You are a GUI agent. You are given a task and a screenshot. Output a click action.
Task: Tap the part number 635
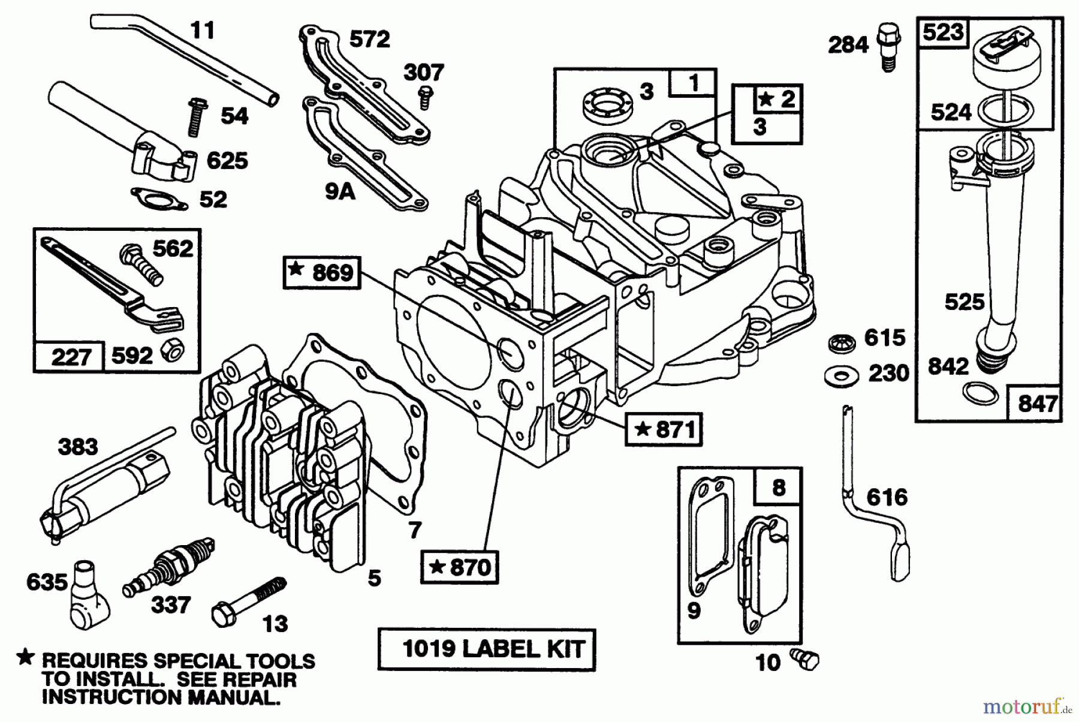click(47, 582)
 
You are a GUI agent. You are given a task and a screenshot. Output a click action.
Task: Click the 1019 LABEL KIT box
click(486, 649)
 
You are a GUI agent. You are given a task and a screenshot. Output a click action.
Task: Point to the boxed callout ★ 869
click(322, 273)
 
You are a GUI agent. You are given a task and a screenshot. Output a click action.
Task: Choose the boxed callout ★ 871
click(664, 429)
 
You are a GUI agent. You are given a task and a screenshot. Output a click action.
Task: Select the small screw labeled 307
click(426, 97)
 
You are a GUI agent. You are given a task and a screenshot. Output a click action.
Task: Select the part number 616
click(887, 497)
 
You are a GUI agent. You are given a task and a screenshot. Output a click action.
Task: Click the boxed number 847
click(1037, 404)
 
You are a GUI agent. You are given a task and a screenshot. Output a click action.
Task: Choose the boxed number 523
click(943, 32)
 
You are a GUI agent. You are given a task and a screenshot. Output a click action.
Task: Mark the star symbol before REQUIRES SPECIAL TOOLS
click(25, 658)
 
